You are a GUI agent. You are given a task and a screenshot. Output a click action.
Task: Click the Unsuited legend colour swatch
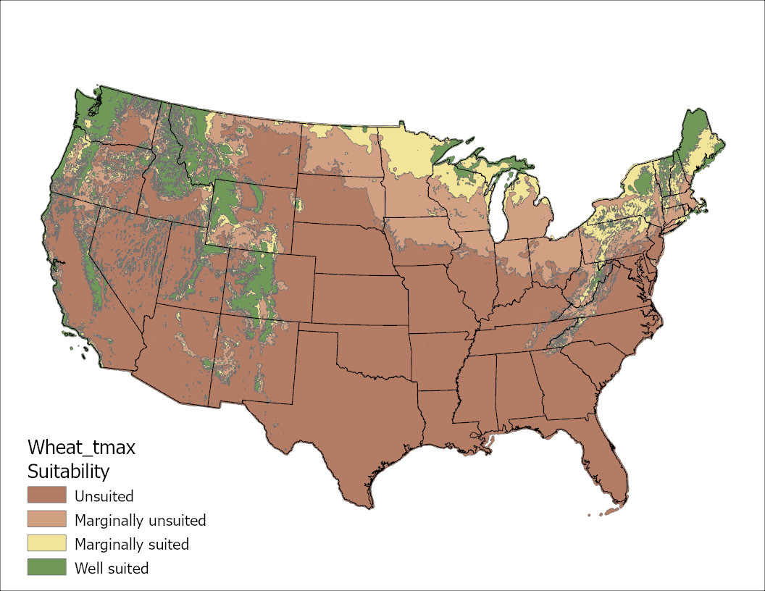(x=47, y=496)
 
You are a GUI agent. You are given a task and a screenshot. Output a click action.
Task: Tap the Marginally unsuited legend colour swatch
(x=47, y=520)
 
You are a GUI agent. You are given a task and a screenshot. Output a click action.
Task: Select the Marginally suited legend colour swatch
(x=47, y=544)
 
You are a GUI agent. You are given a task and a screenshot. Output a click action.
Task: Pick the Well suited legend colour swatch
(x=47, y=568)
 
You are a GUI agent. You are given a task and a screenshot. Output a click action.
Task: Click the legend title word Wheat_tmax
(x=81, y=447)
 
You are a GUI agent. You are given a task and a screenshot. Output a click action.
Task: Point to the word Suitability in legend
(x=68, y=471)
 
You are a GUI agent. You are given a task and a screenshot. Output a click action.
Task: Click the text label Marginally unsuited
(x=140, y=520)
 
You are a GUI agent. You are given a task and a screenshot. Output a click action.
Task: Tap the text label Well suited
(x=112, y=568)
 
